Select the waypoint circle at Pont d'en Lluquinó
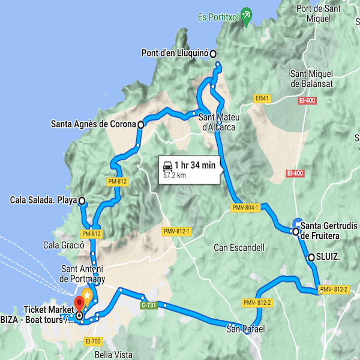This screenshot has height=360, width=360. click(213, 53)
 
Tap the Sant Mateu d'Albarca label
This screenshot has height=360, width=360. click(217, 122)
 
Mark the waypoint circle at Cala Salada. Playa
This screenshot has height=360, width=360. click(82, 201)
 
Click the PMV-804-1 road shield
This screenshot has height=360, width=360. click(244, 208)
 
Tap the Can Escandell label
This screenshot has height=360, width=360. click(239, 247)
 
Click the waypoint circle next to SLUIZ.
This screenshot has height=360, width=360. click(311, 257)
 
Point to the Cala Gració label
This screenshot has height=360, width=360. click(62, 245)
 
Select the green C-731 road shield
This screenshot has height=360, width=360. click(150, 305)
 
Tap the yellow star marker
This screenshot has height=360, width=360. click(87, 296)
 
